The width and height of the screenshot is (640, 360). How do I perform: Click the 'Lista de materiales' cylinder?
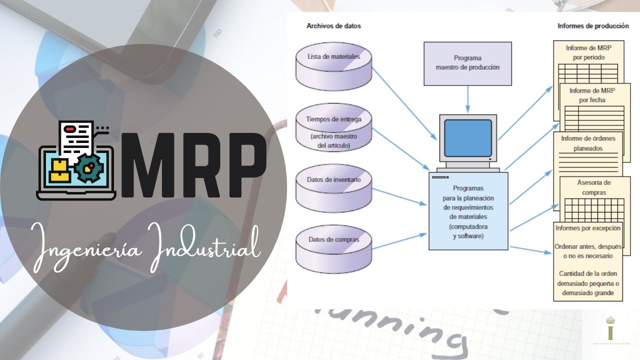point(334,64)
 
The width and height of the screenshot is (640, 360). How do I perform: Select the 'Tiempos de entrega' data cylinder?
point(334,127)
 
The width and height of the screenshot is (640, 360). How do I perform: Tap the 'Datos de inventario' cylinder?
point(334,187)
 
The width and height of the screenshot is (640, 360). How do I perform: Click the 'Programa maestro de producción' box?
point(467,63)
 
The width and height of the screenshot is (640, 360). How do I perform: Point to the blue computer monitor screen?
point(468,136)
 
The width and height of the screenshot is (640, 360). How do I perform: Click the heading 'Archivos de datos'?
point(333,26)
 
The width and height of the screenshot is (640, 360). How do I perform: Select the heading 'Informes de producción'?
point(593,26)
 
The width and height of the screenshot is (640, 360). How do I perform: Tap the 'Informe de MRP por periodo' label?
point(588,52)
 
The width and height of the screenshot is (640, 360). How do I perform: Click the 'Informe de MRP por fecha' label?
point(592,95)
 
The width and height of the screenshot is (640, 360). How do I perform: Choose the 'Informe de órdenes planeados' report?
point(588,143)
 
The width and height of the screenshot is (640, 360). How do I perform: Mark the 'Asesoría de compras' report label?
point(593,187)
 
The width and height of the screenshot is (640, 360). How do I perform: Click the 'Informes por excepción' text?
point(588,228)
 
